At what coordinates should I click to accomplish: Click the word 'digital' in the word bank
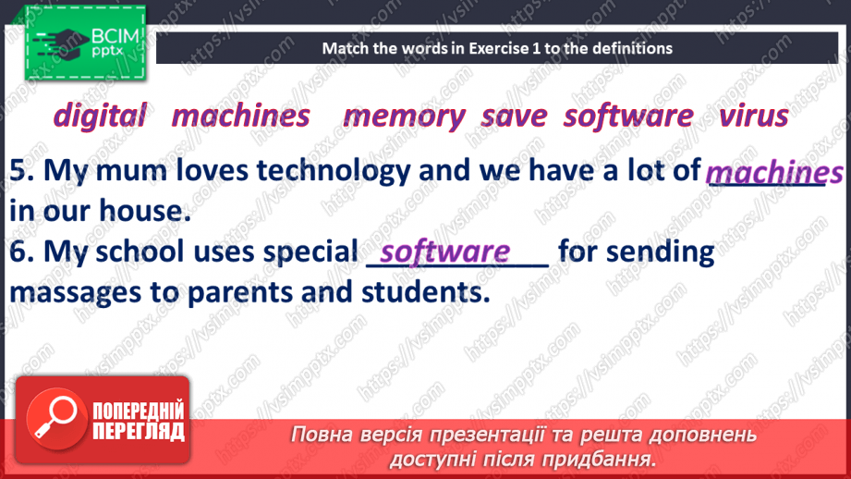tap(100, 116)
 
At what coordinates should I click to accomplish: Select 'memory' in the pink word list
tap(404, 116)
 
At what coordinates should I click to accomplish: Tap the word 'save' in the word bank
tap(514, 116)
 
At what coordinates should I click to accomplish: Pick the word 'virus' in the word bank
tap(753, 116)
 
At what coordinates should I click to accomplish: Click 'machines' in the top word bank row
tap(241, 116)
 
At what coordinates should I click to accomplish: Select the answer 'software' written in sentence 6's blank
tap(445, 252)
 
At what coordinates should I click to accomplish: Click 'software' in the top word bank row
tap(628, 116)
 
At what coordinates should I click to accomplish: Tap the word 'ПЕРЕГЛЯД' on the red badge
tap(137, 431)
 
